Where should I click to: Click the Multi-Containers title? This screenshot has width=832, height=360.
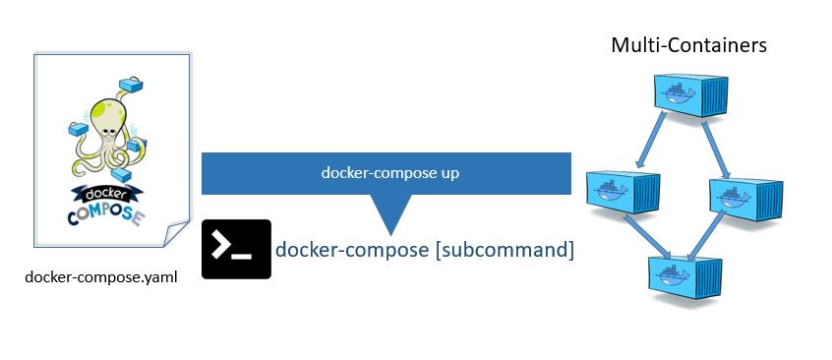coord(688,44)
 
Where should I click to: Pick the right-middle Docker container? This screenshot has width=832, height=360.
coord(748,193)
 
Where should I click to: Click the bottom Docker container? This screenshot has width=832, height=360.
coord(684,271)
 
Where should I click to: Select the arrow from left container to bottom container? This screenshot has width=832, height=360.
coord(640,236)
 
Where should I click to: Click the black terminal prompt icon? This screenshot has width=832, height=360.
coord(236,250)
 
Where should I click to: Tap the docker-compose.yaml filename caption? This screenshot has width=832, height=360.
coord(101,276)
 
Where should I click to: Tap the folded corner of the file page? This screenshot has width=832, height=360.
coord(174,232)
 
